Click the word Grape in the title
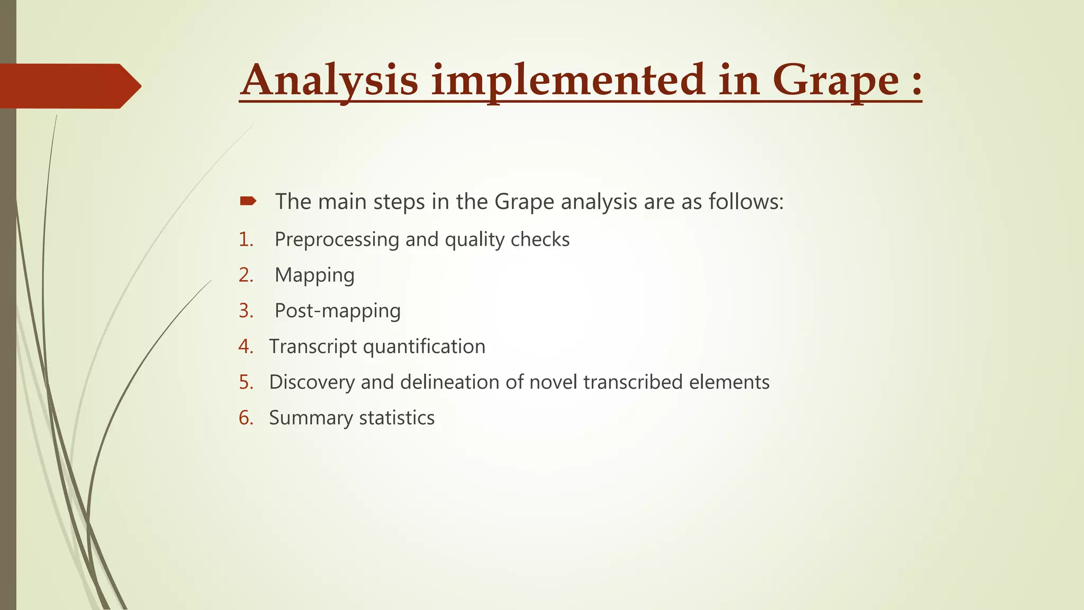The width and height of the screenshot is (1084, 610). (x=835, y=80)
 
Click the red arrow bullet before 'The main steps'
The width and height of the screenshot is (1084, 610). (x=248, y=201)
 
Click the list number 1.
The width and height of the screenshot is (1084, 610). (x=246, y=240)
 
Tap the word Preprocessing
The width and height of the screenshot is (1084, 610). (x=337, y=240)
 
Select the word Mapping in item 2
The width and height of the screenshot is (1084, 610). (x=314, y=275)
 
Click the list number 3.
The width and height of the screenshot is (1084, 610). (x=246, y=311)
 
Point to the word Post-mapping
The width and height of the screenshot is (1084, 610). (x=338, y=311)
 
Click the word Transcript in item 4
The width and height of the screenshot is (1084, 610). (x=313, y=347)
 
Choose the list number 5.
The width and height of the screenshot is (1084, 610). (x=246, y=382)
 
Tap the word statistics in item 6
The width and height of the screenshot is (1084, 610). (x=396, y=418)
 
